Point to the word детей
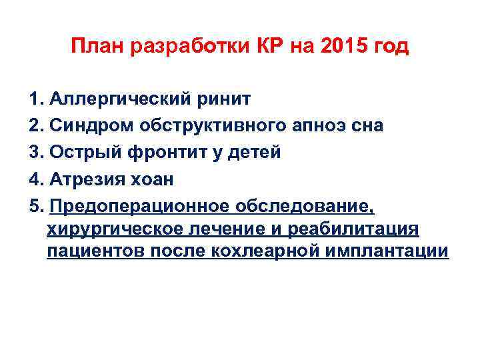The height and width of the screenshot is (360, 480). pos(259,152)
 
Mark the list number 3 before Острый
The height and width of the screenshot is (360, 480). pos(35,152)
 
